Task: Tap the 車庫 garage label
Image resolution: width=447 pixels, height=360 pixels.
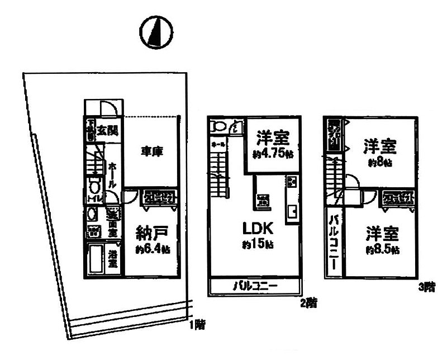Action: click(x=151, y=151)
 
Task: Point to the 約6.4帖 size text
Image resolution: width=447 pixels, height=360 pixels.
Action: click(x=152, y=250)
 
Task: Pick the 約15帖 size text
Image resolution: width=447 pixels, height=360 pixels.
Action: click(x=258, y=244)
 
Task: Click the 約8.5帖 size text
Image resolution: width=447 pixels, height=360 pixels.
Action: click(x=382, y=250)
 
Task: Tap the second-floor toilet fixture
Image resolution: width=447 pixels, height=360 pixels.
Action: click(x=218, y=126)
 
